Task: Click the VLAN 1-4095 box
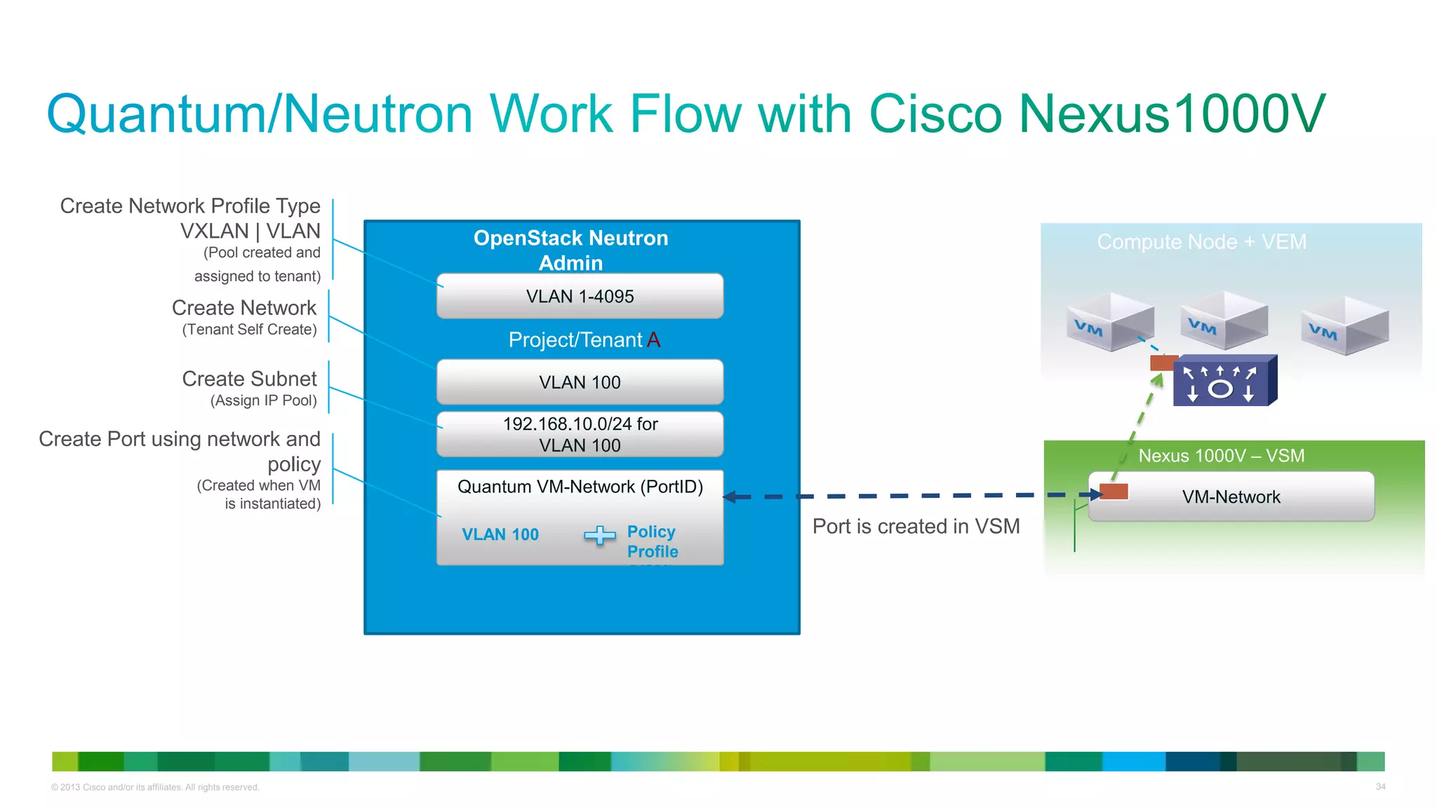(x=580, y=296)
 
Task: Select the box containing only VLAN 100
(x=580, y=382)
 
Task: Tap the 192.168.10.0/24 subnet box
(x=580, y=434)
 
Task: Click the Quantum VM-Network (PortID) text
(x=580, y=487)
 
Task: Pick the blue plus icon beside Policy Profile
(x=599, y=536)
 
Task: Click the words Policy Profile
(x=652, y=541)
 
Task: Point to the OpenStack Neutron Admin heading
(x=570, y=250)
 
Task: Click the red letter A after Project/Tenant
(x=653, y=340)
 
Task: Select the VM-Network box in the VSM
(x=1231, y=497)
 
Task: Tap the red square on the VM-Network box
(x=1114, y=491)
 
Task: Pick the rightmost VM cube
(x=1344, y=325)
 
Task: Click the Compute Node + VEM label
(x=1201, y=242)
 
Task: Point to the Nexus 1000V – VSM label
(x=1221, y=456)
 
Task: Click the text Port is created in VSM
(x=916, y=526)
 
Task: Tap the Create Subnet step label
(x=249, y=379)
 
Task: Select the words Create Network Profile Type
(x=189, y=206)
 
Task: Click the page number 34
(x=1380, y=786)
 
